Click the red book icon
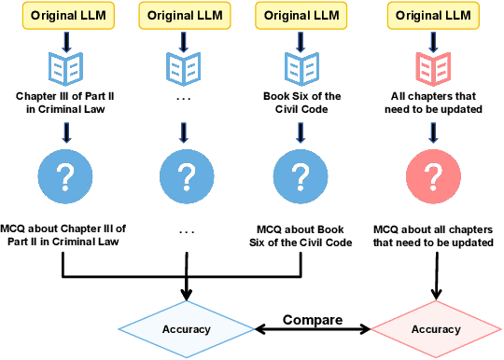click(x=430, y=66)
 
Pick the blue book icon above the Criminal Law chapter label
click(x=63, y=66)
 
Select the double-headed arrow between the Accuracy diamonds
click(x=313, y=329)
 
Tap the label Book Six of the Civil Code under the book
click(x=301, y=103)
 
